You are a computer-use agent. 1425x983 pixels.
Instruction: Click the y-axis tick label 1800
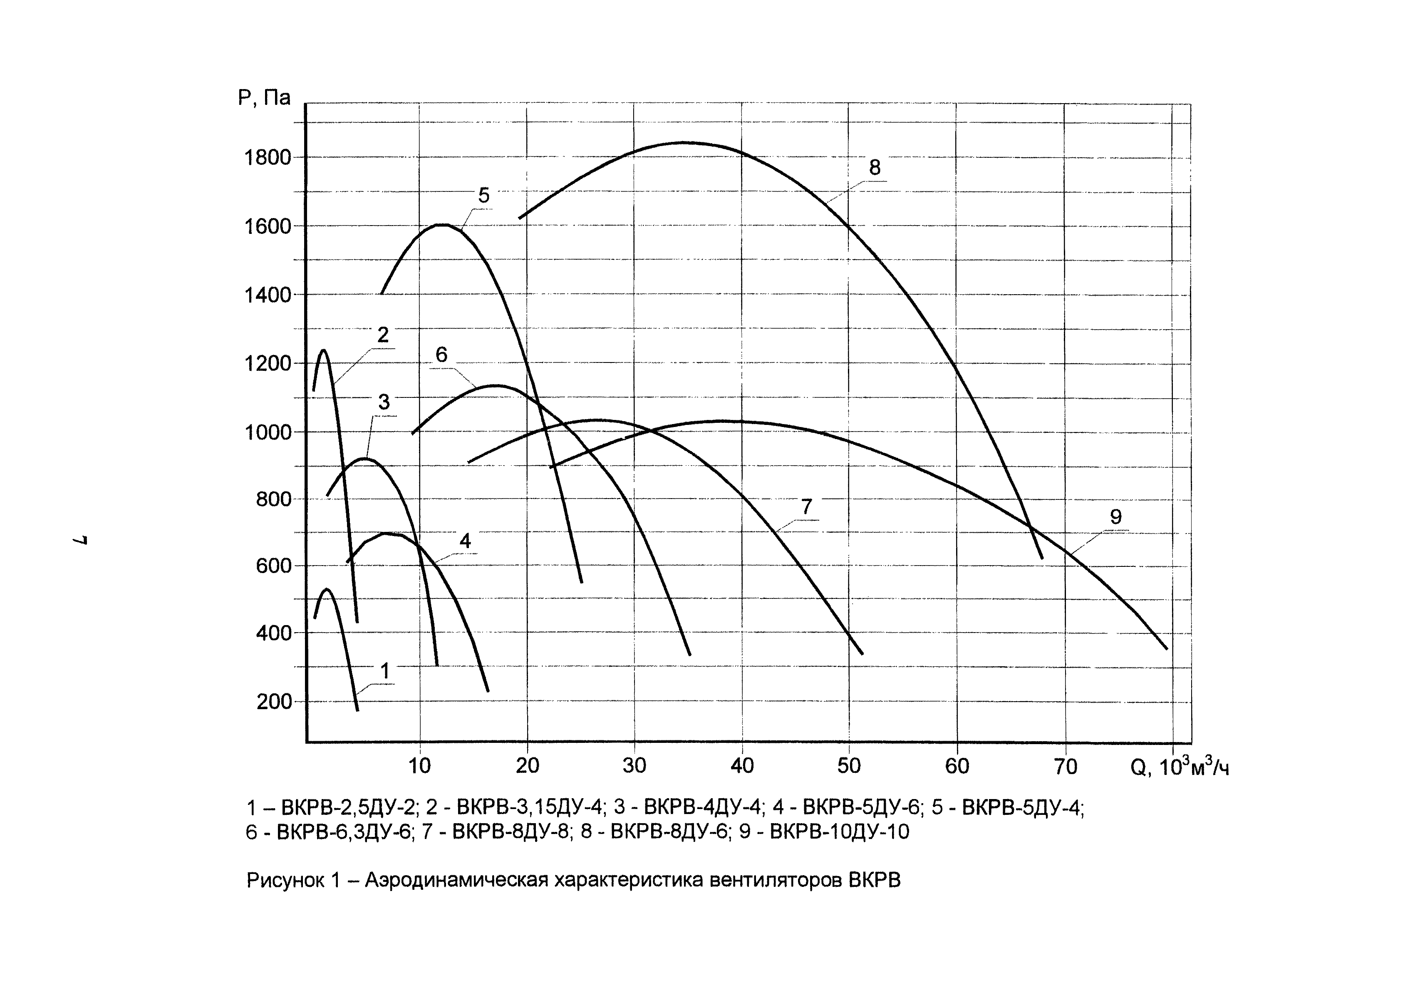(x=267, y=158)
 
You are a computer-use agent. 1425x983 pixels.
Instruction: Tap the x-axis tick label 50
(x=849, y=766)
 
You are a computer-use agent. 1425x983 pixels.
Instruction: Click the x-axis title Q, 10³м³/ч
(x=1179, y=767)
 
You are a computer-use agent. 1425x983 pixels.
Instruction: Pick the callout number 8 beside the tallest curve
(x=875, y=168)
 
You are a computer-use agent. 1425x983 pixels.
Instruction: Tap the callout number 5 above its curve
(x=484, y=196)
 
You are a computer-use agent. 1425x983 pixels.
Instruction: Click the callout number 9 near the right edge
(x=1116, y=517)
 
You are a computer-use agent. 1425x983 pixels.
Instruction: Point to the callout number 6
(x=441, y=355)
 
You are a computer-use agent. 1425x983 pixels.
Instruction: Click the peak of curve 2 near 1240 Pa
(x=323, y=350)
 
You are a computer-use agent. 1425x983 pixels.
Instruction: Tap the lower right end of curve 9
(x=1166, y=648)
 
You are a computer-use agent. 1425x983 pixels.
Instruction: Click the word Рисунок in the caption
(x=285, y=881)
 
